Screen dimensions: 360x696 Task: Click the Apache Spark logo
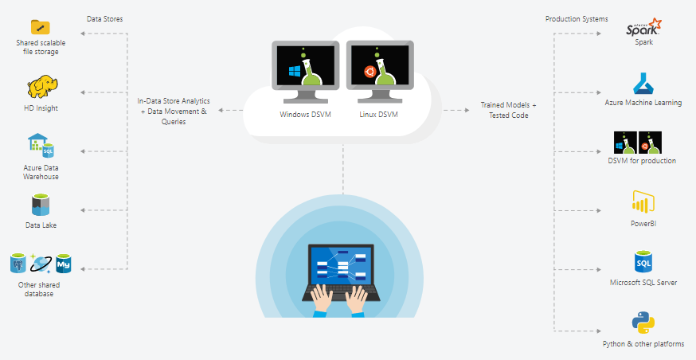[x=643, y=27]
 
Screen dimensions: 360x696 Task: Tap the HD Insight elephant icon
[x=41, y=86]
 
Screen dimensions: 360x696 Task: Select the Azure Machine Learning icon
[x=643, y=84]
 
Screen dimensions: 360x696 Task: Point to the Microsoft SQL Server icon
[x=643, y=262]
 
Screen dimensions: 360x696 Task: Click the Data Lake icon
[x=41, y=206]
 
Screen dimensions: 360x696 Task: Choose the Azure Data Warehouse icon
[x=41, y=146]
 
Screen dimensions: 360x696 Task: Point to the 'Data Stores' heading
[x=104, y=18]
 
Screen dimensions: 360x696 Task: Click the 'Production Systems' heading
[x=577, y=18]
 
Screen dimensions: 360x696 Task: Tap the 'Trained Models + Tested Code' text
[x=508, y=111]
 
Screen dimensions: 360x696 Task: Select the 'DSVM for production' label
[x=642, y=161]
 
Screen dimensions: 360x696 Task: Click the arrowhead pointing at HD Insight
[x=84, y=91]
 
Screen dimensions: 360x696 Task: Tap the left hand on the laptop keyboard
[x=321, y=298]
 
